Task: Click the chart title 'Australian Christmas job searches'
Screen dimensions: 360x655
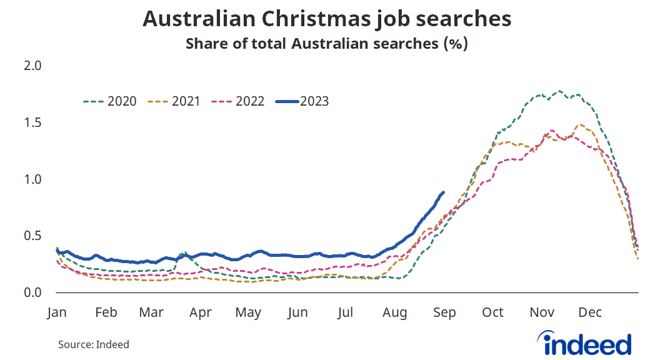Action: click(x=327, y=19)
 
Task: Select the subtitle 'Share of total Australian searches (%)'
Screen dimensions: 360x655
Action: click(x=327, y=44)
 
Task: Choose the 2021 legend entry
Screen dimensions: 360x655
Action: click(x=174, y=101)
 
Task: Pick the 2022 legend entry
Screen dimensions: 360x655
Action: click(x=238, y=101)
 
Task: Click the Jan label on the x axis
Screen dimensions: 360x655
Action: click(x=56, y=312)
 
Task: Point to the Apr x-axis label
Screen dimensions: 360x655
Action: click(x=201, y=312)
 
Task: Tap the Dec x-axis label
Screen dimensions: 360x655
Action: click(x=589, y=312)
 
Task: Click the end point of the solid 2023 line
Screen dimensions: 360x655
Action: click(x=443, y=192)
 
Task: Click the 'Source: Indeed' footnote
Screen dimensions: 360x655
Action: click(x=94, y=344)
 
